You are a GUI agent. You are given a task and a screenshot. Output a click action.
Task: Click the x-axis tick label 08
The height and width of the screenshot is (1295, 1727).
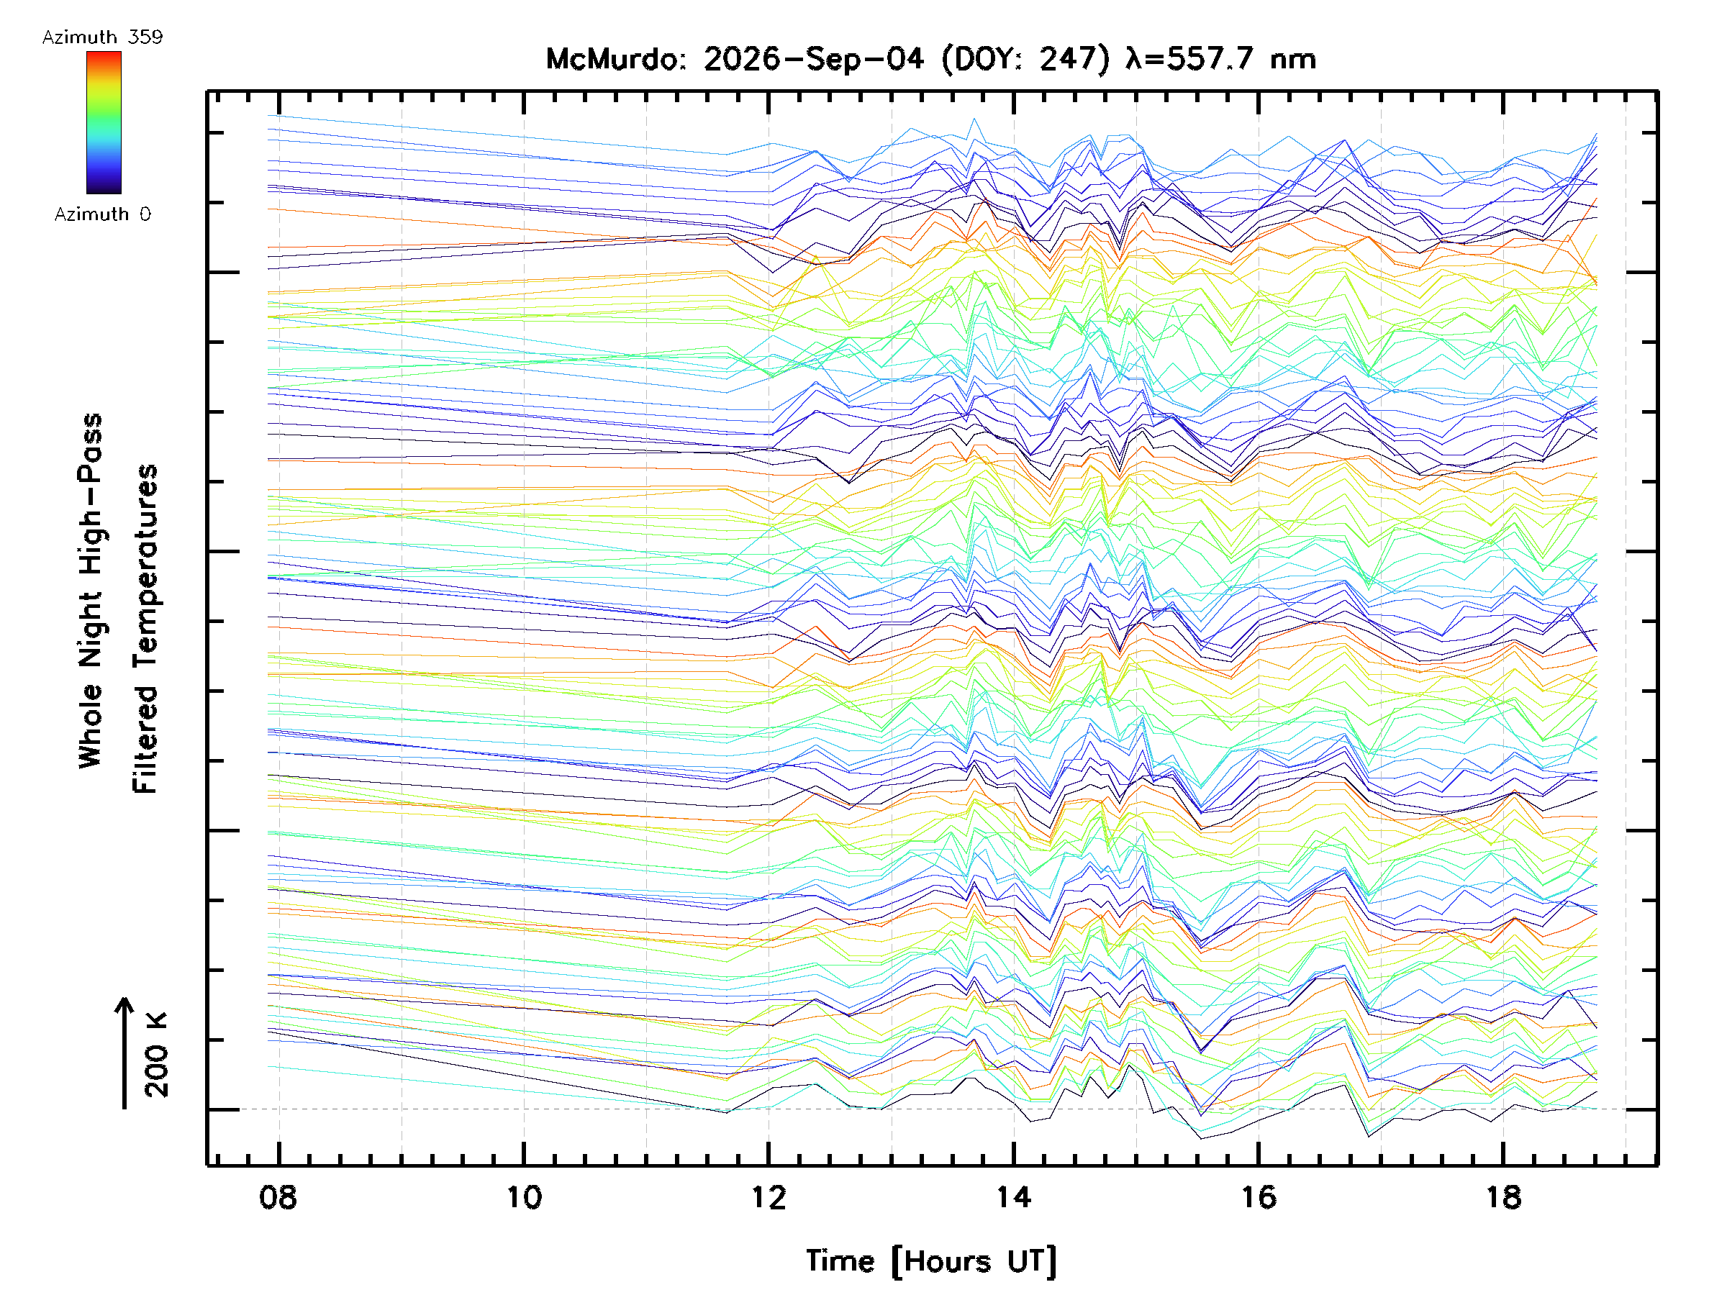278,1196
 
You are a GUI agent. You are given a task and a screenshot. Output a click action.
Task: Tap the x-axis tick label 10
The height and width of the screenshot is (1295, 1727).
523,1196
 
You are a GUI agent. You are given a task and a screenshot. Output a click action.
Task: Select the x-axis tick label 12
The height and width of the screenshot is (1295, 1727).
769,1196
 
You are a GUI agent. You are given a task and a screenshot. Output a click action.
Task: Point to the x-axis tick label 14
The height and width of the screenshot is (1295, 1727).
1013,1196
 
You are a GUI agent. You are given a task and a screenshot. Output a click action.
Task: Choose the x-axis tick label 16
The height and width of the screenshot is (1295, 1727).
1259,1196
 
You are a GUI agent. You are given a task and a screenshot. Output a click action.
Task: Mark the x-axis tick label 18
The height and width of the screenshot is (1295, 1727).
1504,1196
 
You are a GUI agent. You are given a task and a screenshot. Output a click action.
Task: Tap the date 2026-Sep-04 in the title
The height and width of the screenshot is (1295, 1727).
814,59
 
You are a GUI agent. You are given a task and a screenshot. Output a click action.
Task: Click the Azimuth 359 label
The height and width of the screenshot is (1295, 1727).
102,37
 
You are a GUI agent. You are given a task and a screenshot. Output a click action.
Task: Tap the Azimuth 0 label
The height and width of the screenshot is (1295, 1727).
102,214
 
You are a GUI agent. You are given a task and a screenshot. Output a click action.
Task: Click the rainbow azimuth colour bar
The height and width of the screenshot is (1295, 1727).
104,122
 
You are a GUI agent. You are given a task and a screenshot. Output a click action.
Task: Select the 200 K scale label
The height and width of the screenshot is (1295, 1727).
156,1055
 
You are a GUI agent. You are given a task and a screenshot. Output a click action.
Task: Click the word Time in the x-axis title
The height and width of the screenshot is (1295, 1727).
840,1261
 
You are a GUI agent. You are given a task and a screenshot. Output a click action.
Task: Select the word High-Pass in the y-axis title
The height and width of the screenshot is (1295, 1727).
91,495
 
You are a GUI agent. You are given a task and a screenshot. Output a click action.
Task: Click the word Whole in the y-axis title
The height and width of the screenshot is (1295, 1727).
91,726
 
